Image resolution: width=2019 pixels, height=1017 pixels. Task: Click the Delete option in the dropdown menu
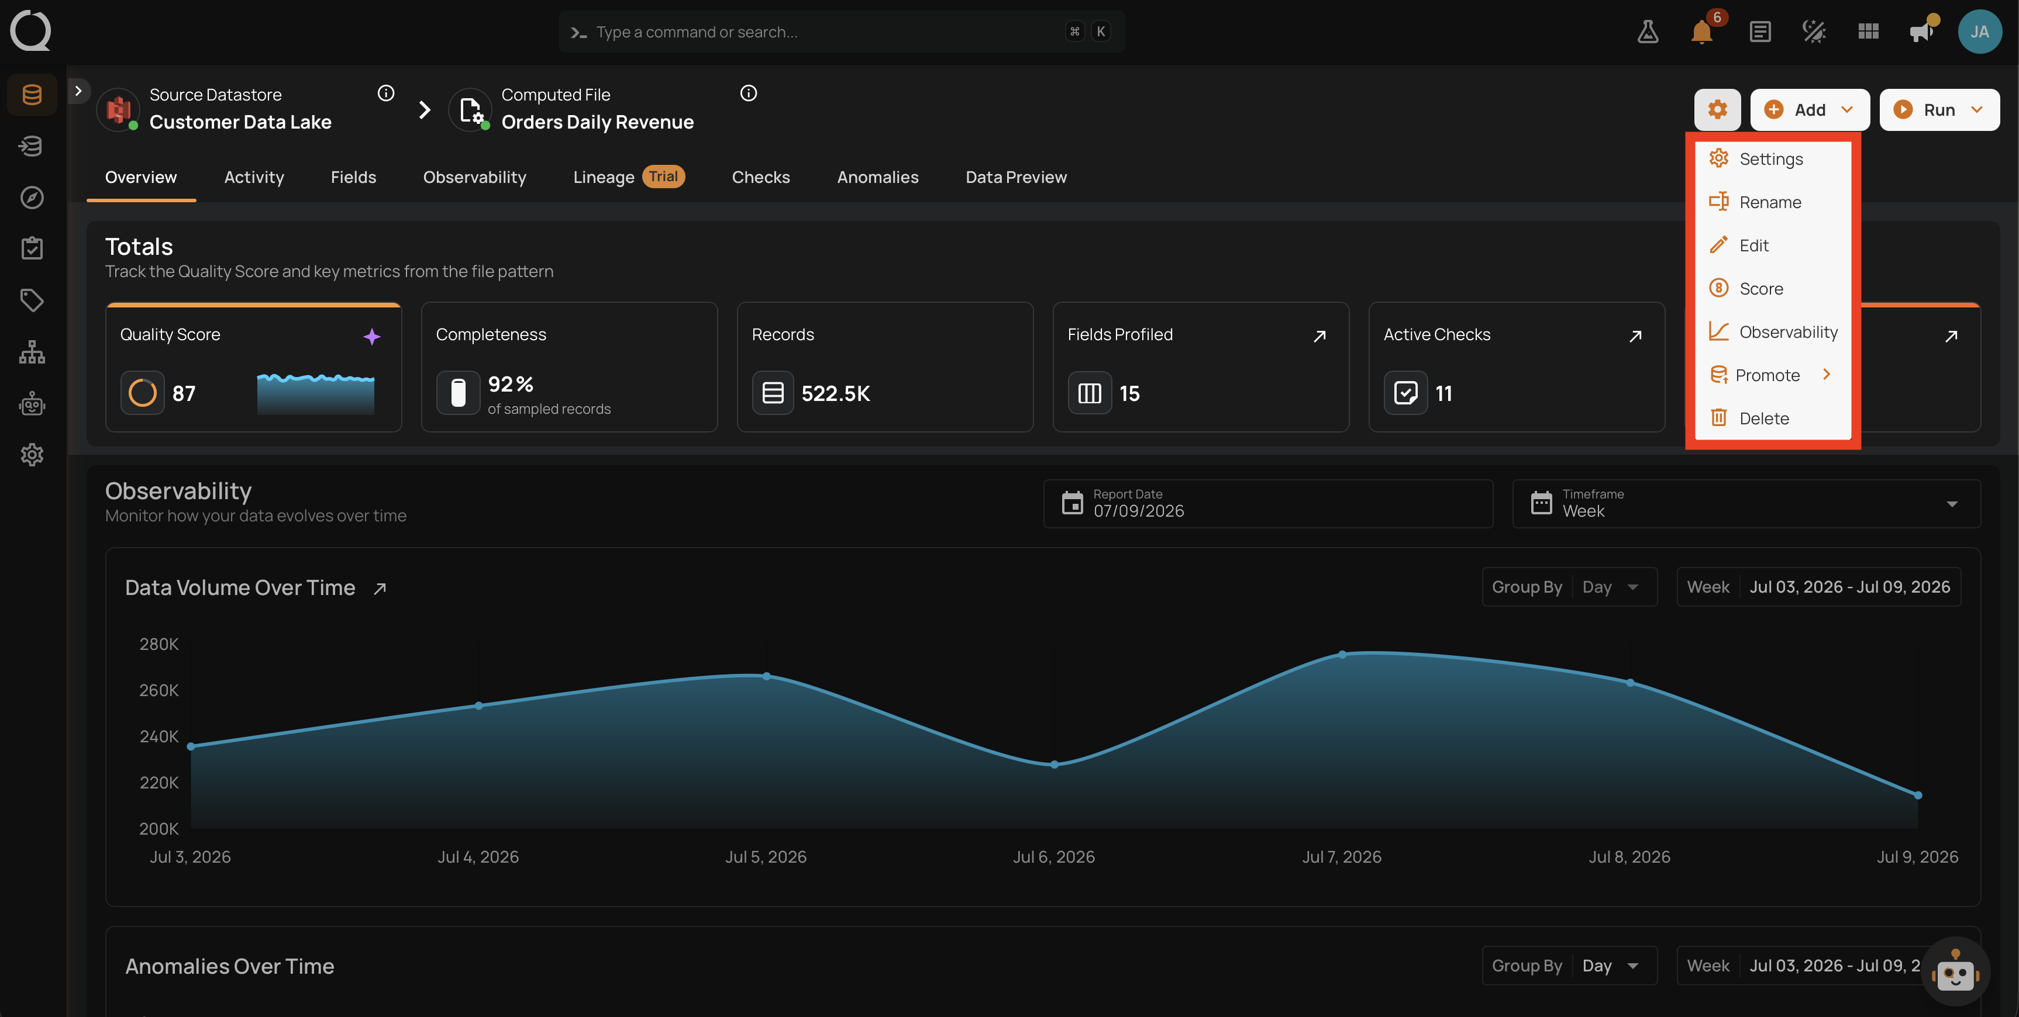pos(1763,418)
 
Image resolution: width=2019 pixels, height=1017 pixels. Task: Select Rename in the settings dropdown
pos(1770,202)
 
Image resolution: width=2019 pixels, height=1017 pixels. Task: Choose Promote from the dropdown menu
pos(1768,375)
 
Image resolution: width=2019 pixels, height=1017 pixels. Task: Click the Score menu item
pos(1760,288)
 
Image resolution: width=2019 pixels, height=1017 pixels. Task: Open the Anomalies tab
pos(877,177)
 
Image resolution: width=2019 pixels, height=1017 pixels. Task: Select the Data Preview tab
pos(1016,177)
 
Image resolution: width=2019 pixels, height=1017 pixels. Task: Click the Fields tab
pos(353,177)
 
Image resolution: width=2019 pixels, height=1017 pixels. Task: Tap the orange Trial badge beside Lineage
pos(663,177)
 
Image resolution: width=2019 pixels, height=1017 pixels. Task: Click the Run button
pos(1939,110)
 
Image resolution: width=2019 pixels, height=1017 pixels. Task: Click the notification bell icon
pos(1701,32)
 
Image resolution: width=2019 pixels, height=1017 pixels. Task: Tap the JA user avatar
pos(1979,32)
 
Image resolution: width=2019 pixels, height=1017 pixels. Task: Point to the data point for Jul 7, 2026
pos(1342,654)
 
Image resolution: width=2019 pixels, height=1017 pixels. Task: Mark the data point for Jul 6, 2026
pos(1054,764)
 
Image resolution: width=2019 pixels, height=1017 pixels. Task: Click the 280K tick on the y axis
pos(159,644)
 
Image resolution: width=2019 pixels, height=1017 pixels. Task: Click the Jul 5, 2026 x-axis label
pos(766,857)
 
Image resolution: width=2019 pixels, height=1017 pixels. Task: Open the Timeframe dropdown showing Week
pos(1746,504)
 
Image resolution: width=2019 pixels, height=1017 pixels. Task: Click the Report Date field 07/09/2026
pos(1267,504)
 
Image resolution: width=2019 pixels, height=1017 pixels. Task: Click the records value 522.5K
pos(836,393)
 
